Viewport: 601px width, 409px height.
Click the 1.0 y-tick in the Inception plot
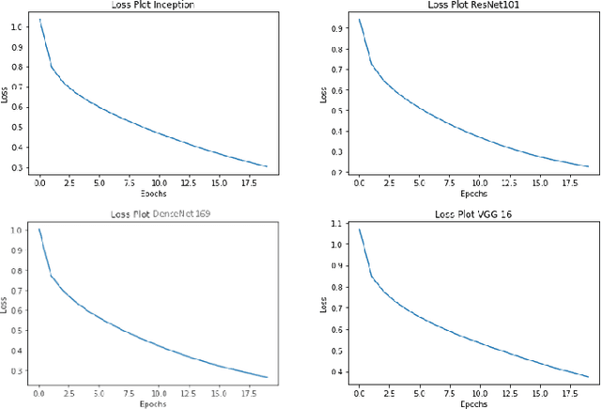click(x=16, y=25)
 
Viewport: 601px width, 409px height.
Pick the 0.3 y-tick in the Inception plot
click(x=16, y=167)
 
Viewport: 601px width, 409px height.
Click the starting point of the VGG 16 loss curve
click(x=359, y=228)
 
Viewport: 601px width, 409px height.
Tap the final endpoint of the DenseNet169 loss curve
click(x=268, y=377)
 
